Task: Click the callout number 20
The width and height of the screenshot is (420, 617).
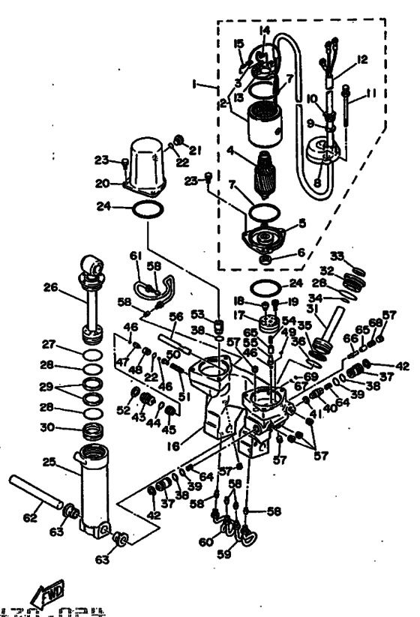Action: click(103, 182)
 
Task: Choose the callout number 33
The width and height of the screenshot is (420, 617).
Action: click(337, 256)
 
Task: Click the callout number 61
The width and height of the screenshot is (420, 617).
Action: click(136, 256)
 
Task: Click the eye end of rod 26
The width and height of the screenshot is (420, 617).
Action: click(91, 265)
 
